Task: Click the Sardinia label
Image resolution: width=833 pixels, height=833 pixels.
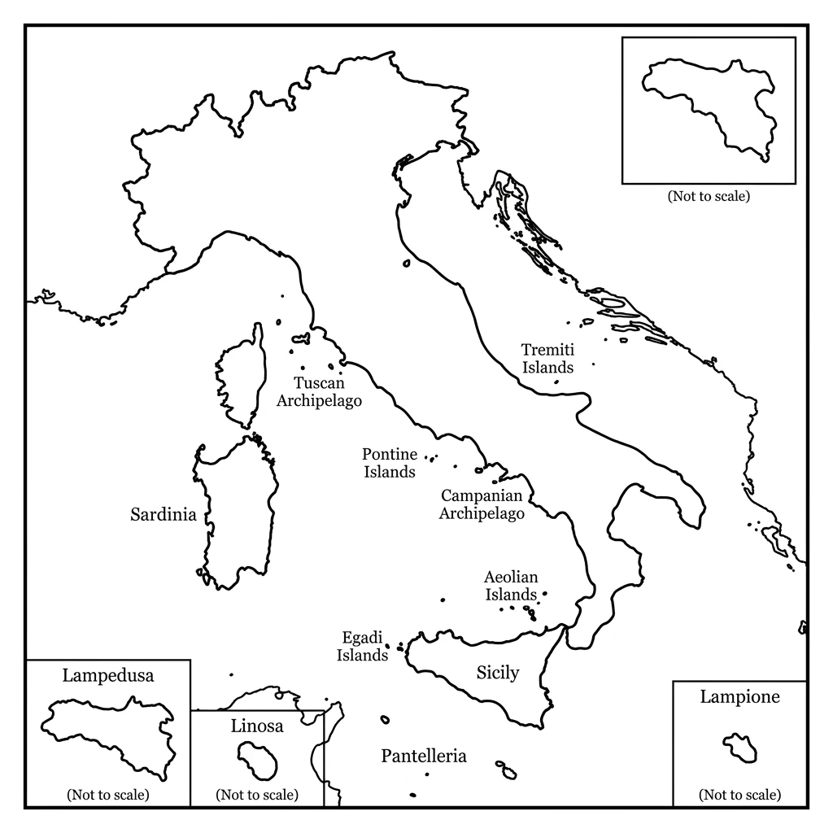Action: tap(164, 514)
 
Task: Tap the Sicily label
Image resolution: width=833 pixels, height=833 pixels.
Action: tap(497, 672)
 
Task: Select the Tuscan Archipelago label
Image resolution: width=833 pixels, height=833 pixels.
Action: tap(320, 391)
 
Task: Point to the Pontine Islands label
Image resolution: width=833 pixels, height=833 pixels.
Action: tap(390, 463)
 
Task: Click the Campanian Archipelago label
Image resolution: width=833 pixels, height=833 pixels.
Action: tap(482, 504)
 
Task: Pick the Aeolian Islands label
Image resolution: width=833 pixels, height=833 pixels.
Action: tap(511, 586)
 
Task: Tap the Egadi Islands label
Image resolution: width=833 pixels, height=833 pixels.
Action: tap(362, 648)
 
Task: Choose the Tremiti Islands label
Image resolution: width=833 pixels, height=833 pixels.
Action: tap(547, 358)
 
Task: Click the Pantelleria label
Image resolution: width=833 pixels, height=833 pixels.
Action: tap(424, 757)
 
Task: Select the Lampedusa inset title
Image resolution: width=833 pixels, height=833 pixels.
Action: tap(108, 674)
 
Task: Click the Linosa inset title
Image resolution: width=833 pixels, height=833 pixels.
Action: tap(257, 726)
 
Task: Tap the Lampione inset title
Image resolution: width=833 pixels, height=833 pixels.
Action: tap(739, 696)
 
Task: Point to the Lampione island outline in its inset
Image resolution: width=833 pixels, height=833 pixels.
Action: tap(740, 747)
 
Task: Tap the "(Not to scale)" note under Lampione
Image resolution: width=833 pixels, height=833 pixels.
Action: tap(739, 795)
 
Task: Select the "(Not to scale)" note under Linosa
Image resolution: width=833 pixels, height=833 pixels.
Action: tap(257, 795)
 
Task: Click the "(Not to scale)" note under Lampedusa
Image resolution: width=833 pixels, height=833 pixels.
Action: tap(108, 795)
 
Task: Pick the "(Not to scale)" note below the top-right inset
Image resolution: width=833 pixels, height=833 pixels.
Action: tap(709, 196)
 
